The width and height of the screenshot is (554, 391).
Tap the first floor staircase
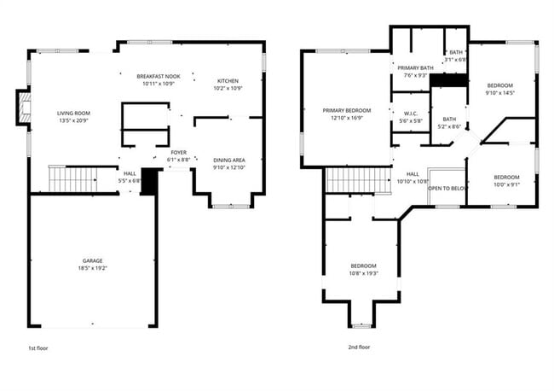(x=72, y=179)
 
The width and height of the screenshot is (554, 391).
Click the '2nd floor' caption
(x=359, y=347)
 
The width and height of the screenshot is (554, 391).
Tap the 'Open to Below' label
(x=446, y=188)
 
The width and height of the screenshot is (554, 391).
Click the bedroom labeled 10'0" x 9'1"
(x=506, y=180)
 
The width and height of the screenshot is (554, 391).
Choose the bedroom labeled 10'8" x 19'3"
(x=363, y=270)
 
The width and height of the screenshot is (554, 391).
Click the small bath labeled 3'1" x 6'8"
(x=457, y=55)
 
